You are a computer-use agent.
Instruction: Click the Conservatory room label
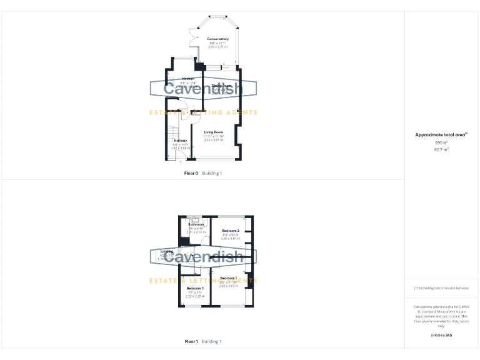pos(217,39)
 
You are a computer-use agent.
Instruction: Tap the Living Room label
pos(214,132)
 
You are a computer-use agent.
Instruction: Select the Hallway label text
pos(180,141)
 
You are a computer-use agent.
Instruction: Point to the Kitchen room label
pos(179,79)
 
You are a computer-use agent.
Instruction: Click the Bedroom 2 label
pos(230,231)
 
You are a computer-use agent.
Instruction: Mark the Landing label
pos(167,251)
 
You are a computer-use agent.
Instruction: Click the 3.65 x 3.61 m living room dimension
pos(214,140)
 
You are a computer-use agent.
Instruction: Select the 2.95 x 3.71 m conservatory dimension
pos(217,47)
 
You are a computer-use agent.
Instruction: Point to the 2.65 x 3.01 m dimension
pos(230,238)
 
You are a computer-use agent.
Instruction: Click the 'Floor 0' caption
pos(191,173)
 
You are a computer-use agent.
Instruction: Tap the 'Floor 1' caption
pos(191,341)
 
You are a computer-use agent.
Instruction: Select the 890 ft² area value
pos(441,142)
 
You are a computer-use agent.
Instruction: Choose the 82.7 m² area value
pos(441,149)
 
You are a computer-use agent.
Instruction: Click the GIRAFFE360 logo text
pos(441,336)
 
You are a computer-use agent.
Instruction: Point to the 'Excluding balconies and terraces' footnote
pos(441,288)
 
